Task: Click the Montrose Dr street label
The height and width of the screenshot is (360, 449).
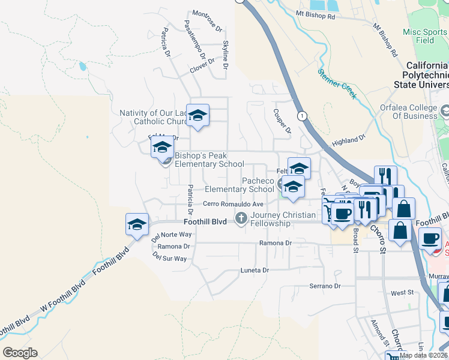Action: pos(207,21)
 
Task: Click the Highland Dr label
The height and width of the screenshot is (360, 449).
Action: pos(348,140)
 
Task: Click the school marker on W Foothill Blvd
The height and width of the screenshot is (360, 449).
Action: pos(137,226)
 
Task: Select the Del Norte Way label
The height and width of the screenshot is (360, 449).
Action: pos(172,235)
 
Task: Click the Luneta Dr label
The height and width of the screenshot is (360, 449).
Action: pos(255,270)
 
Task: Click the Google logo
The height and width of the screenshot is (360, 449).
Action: pos(20,353)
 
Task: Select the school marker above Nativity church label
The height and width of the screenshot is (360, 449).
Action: pos(197,115)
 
